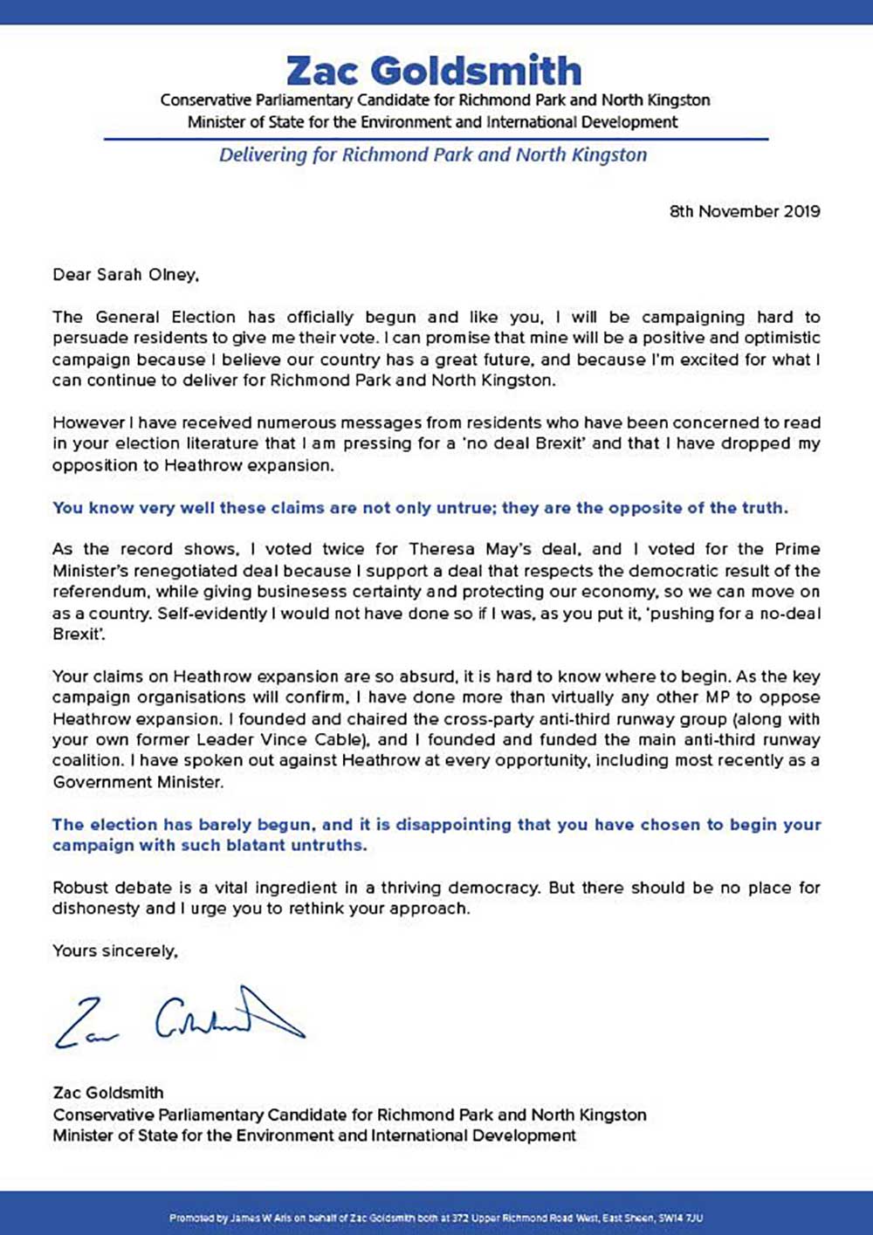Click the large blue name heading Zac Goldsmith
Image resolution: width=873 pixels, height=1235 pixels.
pos(434,70)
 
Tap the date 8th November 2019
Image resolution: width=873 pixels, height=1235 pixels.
pos(745,211)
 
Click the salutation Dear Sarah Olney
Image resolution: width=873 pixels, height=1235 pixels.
pos(126,275)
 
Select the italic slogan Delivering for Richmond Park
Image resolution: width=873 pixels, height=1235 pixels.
pos(433,155)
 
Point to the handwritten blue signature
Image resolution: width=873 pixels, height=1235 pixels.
pos(179,1018)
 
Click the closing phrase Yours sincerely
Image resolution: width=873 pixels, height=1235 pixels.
pos(114,950)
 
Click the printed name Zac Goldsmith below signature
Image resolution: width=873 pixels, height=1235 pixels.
pos(108,1093)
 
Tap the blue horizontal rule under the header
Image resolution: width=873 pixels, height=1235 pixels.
pos(436,139)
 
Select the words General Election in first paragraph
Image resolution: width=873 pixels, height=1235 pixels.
pos(166,317)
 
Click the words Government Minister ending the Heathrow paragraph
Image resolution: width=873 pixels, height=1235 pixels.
pos(137,782)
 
